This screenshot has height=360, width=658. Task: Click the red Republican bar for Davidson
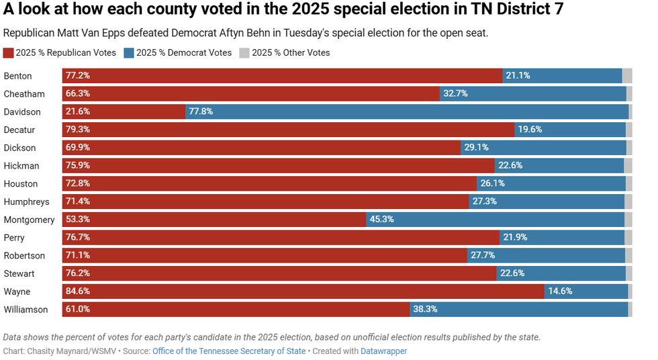(124, 111)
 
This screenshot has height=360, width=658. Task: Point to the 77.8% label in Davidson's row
(201, 111)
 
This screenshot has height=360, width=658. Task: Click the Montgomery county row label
(29, 220)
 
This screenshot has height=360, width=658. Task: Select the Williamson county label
(26, 310)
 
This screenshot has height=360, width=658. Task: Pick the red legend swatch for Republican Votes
(8, 52)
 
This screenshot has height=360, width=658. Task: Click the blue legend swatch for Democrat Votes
(129, 52)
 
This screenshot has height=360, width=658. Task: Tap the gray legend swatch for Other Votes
(244, 52)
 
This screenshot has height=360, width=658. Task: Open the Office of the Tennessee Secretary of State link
(229, 351)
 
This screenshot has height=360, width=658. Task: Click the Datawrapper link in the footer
(383, 351)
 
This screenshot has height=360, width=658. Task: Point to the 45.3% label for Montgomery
(381, 220)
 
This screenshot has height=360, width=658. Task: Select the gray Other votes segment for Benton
(627, 76)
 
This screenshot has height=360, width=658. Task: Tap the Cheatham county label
(24, 94)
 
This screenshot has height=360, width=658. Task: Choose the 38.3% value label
(425, 310)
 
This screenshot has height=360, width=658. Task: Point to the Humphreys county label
(26, 201)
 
